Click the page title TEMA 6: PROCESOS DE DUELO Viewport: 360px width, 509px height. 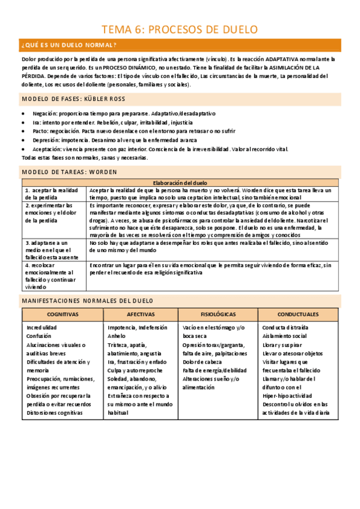180,29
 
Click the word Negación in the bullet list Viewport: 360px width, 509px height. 45,113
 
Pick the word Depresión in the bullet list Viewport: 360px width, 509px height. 46,140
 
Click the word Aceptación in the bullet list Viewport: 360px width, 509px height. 47,149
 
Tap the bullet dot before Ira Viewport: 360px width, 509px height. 23,122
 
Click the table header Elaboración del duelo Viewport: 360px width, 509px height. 180,182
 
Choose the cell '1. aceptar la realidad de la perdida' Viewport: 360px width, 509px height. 53,193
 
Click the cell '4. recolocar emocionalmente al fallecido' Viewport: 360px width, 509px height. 53,276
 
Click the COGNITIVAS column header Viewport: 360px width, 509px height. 63,315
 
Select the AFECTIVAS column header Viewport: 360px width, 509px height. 141,315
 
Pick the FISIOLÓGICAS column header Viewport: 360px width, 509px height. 218,315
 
